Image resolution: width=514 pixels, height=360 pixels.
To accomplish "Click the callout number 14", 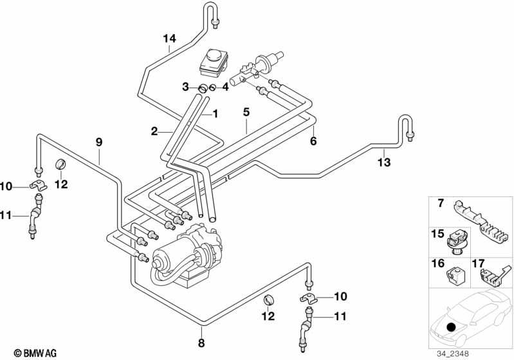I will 169,38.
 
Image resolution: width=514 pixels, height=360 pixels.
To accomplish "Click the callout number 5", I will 246,111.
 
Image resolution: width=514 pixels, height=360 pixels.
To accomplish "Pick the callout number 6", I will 313,141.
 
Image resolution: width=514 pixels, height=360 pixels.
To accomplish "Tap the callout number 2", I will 154,131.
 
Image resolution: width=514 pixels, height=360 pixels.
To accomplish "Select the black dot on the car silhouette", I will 451,328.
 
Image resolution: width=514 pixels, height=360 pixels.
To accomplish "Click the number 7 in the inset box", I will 441,204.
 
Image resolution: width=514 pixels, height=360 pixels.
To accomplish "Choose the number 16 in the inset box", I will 437,263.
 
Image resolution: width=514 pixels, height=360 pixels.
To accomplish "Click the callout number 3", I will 185,87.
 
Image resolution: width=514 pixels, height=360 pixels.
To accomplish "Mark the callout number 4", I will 225,87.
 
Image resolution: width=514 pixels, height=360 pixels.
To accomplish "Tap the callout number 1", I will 215,113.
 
